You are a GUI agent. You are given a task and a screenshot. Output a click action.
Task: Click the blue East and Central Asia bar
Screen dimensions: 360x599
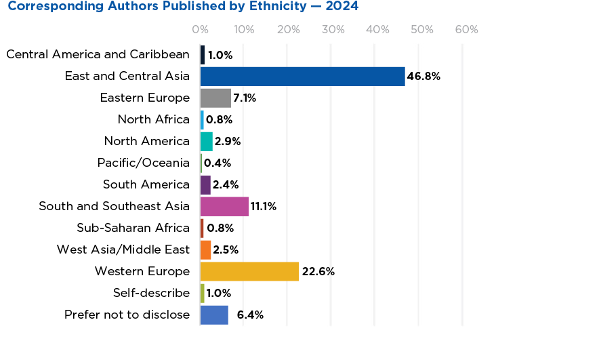[x=302, y=76]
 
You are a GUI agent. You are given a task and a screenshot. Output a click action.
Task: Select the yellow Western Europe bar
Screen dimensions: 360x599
[x=249, y=271]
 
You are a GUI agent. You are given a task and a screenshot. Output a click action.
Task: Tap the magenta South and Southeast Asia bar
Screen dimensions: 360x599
[x=224, y=206]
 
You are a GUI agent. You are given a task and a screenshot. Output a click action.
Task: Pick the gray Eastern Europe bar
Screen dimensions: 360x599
[x=215, y=98]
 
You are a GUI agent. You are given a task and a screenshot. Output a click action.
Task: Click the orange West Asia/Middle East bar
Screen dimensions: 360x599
[x=206, y=249]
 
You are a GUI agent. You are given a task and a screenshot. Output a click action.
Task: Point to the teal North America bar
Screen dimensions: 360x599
[x=207, y=141]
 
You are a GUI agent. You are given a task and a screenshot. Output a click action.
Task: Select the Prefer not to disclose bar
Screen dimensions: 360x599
[x=214, y=315]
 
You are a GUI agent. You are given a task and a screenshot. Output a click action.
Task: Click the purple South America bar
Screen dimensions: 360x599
[x=205, y=184]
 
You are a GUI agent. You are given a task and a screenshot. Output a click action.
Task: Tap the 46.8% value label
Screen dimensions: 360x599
[x=424, y=77]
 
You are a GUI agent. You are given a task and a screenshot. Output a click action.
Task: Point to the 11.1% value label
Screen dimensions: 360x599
[x=264, y=207]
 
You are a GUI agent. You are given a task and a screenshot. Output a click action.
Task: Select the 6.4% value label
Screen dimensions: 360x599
[x=250, y=315]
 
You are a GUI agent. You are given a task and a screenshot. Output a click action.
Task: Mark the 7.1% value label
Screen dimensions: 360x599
[x=245, y=98]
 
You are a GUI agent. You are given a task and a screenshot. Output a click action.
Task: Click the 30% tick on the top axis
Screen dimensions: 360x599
[x=333, y=30]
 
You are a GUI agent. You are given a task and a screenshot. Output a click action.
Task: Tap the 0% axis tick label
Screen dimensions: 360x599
[x=200, y=30]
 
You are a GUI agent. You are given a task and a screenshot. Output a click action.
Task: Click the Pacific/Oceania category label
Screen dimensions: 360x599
[x=144, y=163]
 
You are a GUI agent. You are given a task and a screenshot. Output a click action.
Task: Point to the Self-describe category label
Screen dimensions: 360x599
[x=151, y=293]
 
